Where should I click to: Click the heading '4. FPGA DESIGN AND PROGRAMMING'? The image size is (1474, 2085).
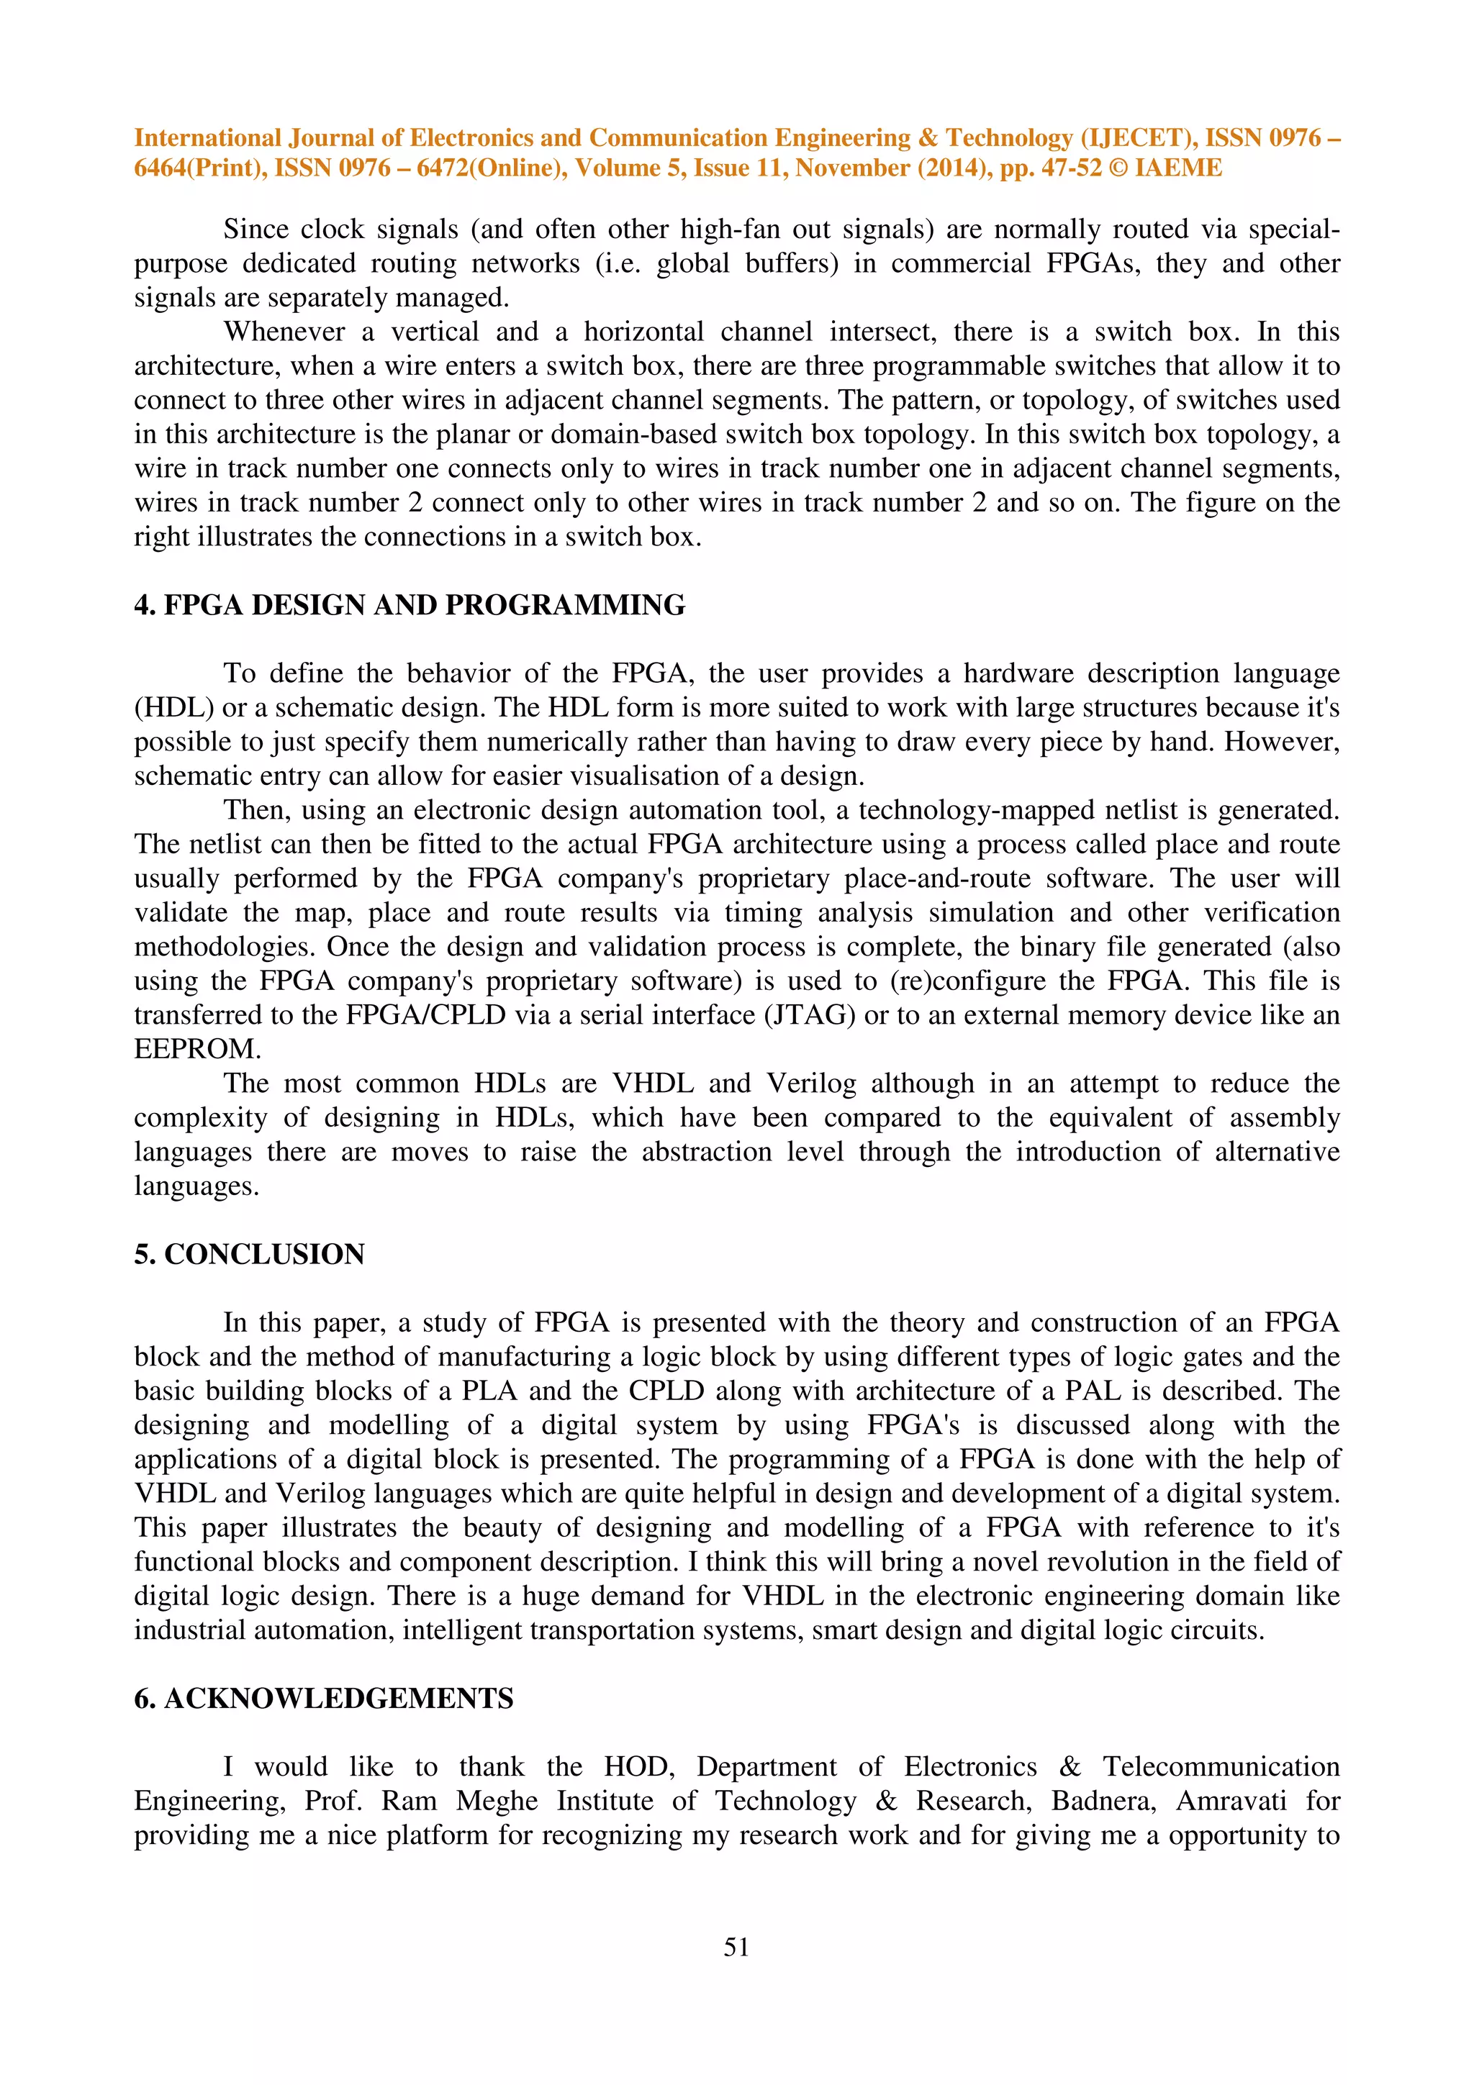click(410, 605)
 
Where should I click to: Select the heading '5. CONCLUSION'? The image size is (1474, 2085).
click(249, 1254)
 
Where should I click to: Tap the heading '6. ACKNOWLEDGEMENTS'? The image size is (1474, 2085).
click(323, 1698)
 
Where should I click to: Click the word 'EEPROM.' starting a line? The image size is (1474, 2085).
click(197, 1049)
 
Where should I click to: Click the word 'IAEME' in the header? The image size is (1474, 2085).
click(1178, 168)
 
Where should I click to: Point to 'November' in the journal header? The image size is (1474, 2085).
click(852, 168)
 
